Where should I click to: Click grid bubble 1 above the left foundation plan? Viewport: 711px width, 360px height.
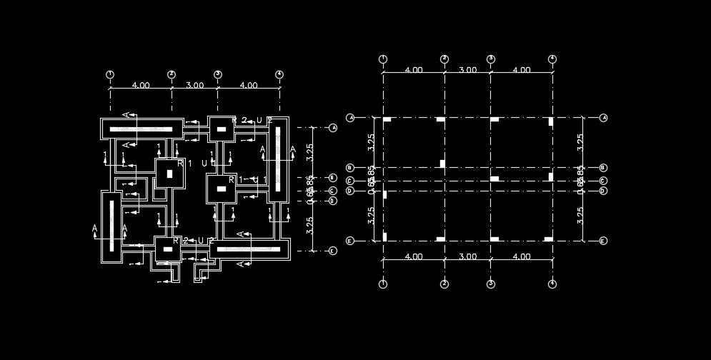(110, 74)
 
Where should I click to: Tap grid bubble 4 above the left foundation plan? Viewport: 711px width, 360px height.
(279, 74)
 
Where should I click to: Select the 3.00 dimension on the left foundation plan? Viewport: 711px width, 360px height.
(194, 85)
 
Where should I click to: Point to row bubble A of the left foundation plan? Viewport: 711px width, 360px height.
(333, 128)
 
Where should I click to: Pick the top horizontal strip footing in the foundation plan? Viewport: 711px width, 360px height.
(141, 129)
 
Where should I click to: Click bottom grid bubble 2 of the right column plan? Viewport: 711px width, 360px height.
(444, 284)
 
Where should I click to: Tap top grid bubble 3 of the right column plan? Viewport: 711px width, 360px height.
(491, 59)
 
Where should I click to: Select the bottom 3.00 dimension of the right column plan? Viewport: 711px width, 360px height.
(467, 256)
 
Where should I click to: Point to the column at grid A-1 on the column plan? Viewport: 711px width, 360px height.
(386, 120)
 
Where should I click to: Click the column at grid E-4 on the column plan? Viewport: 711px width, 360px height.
(550, 237)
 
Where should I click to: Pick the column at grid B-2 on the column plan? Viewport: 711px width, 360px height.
(442, 164)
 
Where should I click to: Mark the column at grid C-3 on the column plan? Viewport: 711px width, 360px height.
(494, 178)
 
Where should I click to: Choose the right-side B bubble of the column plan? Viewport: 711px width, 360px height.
(603, 168)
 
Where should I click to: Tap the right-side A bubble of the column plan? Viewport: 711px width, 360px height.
(603, 118)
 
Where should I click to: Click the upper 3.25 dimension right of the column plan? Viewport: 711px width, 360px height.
(580, 141)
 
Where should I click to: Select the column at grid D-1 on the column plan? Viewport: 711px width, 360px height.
(384, 194)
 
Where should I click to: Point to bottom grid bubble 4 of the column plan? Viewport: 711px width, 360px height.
(552, 284)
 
